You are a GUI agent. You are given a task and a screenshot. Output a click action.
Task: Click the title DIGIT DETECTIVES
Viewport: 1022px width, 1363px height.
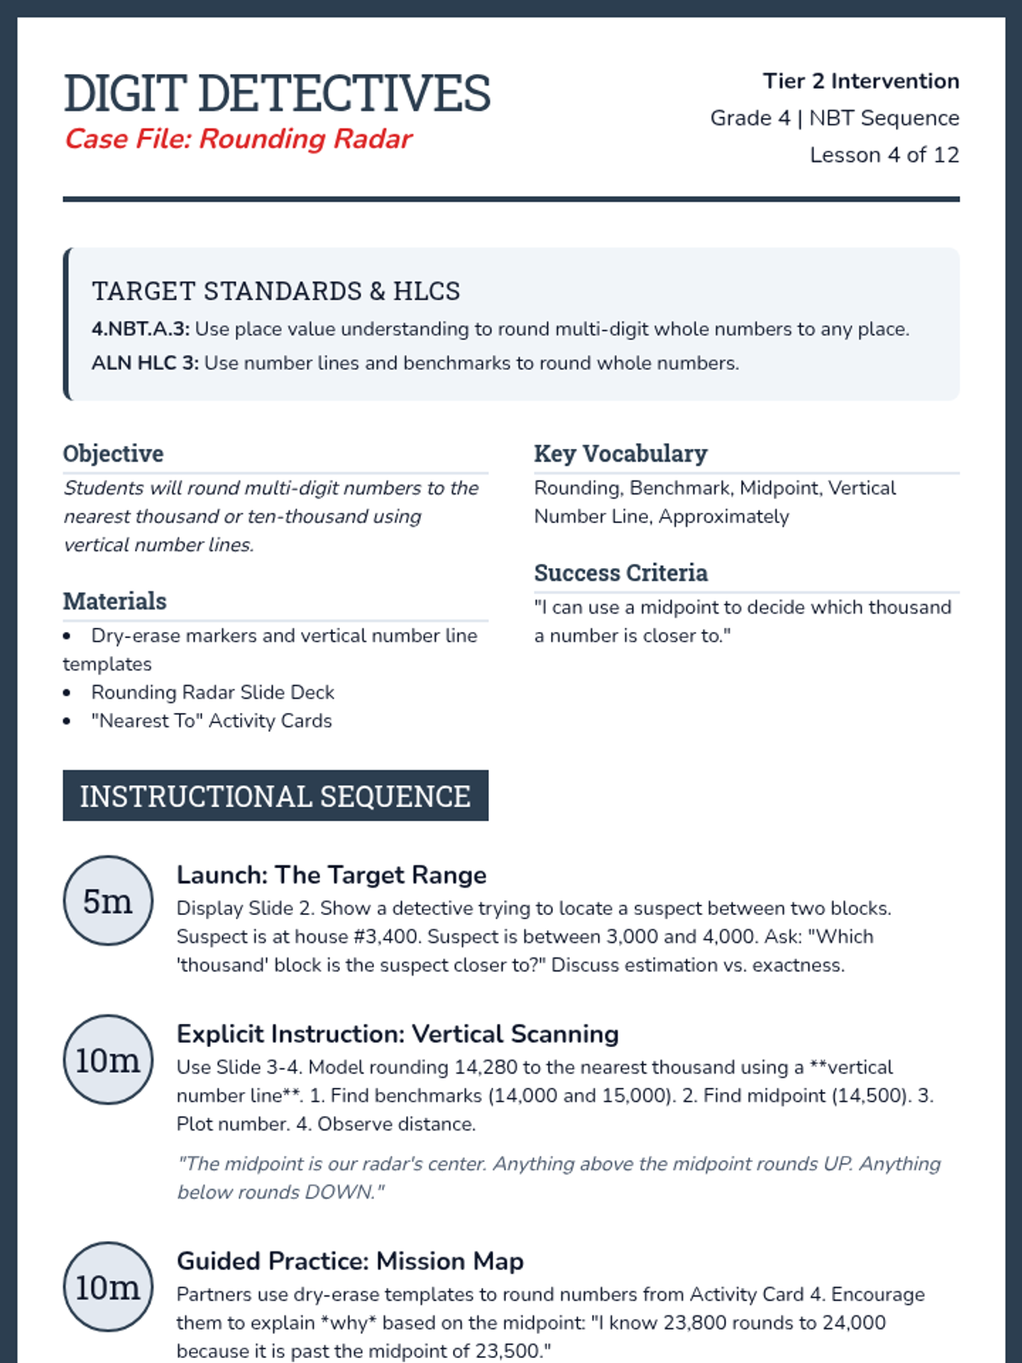pyautogui.click(x=277, y=93)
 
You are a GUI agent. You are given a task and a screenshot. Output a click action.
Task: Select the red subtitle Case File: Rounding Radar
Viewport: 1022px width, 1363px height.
pyautogui.click(x=238, y=139)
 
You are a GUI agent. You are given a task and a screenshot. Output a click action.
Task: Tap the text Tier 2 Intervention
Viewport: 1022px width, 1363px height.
pyautogui.click(x=860, y=81)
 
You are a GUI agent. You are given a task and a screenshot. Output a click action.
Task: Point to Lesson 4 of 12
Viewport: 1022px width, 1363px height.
pyautogui.click(x=884, y=155)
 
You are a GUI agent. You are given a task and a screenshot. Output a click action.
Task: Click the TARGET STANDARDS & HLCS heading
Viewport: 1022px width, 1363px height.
pyautogui.click(x=276, y=291)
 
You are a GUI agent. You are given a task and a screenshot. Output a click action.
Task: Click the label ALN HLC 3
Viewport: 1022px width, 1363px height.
pyautogui.click(x=145, y=364)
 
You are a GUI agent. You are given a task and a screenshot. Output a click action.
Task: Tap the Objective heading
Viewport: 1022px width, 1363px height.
pyautogui.click(x=113, y=454)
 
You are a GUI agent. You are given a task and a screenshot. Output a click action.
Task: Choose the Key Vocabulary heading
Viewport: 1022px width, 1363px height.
pyautogui.click(x=620, y=454)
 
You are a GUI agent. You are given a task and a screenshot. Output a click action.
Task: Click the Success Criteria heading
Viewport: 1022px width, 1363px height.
pyautogui.click(x=620, y=573)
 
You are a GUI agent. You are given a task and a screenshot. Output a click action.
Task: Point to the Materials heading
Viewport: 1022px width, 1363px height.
pyautogui.click(x=115, y=601)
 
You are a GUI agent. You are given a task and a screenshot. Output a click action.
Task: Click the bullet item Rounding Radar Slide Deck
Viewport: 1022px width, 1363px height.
pyautogui.click(x=212, y=693)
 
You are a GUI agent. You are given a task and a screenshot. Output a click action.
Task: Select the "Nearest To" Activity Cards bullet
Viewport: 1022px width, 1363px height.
pyautogui.click(x=211, y=722)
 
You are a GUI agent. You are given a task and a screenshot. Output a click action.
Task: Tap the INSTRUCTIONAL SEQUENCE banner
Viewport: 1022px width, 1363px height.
pyautogui.click(x=275, y=797)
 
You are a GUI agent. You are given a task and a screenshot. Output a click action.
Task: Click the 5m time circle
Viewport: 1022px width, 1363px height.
pyautogui.click(x=108, y=900)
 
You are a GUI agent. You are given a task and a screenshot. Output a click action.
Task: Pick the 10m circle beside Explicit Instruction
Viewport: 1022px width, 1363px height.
pyautogui.click(x=108, y=1060)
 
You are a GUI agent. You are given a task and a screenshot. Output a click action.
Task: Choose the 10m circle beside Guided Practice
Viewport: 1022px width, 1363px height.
pyautogui.click(x=108, y=1287)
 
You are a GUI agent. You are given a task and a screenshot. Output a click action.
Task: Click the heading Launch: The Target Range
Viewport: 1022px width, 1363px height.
pyautogui.click(x=331, y=876)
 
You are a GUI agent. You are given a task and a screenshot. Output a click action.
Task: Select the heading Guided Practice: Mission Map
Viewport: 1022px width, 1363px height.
pyautogui.click(x=350, y=1262)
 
